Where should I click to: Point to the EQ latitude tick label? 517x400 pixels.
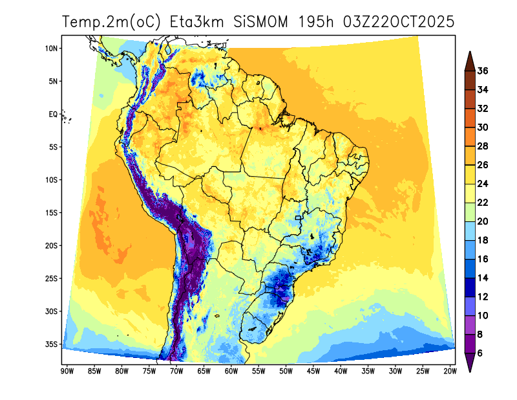54,115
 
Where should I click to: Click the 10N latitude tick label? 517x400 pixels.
52,49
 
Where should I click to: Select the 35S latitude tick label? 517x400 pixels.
52,344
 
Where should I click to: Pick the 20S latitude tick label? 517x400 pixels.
52,246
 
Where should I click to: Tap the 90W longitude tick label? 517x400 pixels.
66,371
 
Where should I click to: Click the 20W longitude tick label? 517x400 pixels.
450,371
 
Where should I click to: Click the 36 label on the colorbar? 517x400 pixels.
483,71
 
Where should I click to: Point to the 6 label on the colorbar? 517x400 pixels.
481,353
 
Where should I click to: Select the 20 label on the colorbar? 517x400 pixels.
483,221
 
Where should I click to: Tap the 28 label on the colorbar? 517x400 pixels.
483,146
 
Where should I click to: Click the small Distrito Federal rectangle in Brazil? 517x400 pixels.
298,218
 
